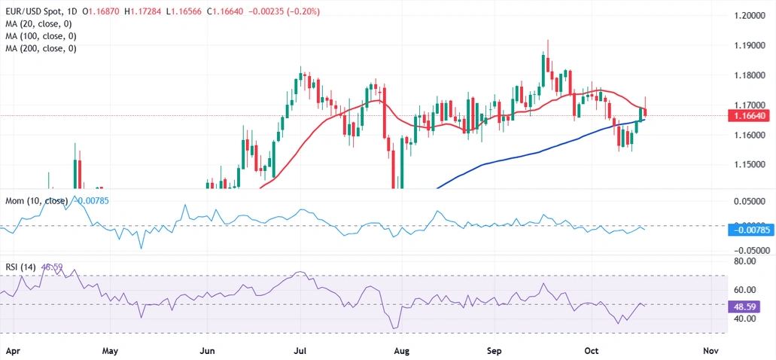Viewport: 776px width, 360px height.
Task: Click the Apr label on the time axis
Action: pyautogui.click(x=13, y=350)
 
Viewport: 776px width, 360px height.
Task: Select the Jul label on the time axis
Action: pyautogui.click(x=300, y=350)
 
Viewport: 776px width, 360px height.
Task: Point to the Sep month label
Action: pyautogui.click(x=495, y=350)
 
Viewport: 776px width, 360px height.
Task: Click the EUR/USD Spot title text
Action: pyautogui.click(x=35, y=12)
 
